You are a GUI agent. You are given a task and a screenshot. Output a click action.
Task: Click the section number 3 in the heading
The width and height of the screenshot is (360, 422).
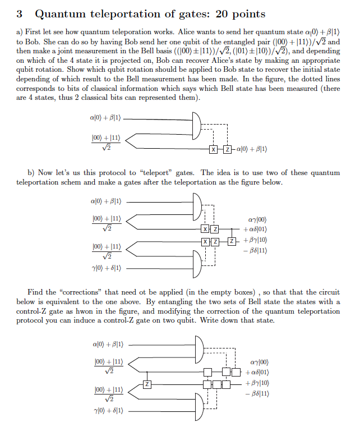coord(20,13)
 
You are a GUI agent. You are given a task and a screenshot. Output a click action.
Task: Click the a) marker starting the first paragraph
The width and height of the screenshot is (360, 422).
coord(21,32)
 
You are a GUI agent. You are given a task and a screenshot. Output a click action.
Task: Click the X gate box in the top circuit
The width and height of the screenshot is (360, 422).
coord(214,149)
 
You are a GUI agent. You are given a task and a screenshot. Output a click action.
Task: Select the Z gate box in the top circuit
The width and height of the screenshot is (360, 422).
coord(227,149)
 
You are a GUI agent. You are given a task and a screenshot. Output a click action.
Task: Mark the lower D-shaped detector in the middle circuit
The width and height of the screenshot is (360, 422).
coord(198,262)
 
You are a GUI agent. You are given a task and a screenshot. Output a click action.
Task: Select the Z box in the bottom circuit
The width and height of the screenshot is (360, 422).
coord(147,384)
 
